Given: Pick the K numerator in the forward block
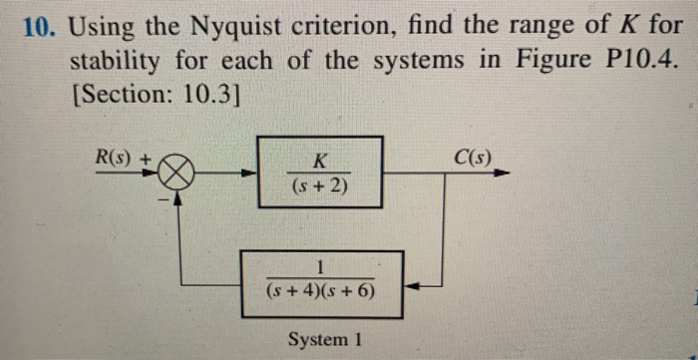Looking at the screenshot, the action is pos(320,160).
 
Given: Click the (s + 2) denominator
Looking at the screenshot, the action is pos(319,185).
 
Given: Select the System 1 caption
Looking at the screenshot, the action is pos(321,339).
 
